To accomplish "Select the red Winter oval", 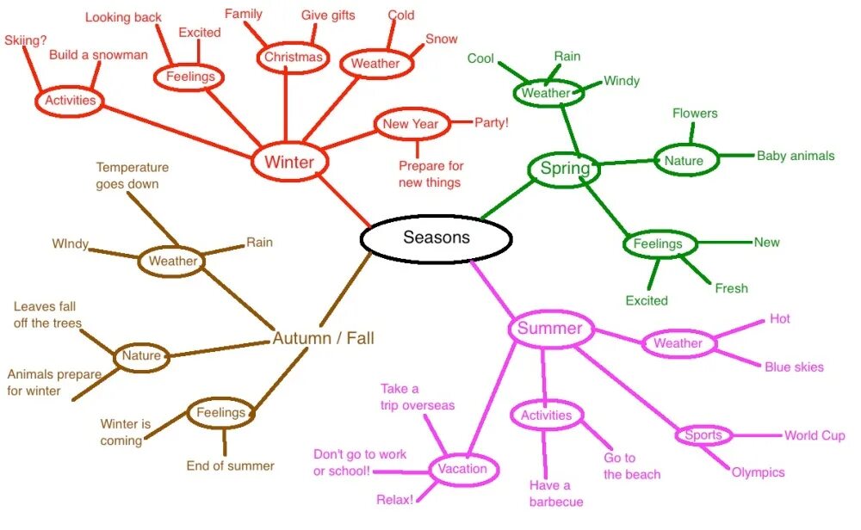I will (289, 163).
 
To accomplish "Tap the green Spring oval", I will (565, 169).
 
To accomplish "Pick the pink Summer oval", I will (549, 329).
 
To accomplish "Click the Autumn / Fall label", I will (323, 338).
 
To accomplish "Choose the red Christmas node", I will (294, 58).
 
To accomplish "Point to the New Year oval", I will (411, 124).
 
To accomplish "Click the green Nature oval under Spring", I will (684, 160).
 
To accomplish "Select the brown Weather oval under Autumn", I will (173, 261).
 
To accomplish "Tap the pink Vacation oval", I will (462, 469).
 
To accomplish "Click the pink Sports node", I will (703, 435).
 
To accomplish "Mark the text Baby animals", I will (796, 156).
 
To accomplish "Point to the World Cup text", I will (814, 435).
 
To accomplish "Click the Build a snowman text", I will (98, 55).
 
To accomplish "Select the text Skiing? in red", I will (26, 40).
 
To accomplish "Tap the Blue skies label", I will (794, 367).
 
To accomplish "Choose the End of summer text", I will (230, 466).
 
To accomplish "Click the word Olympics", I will (758, 472).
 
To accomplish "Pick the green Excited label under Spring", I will (647, 300).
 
